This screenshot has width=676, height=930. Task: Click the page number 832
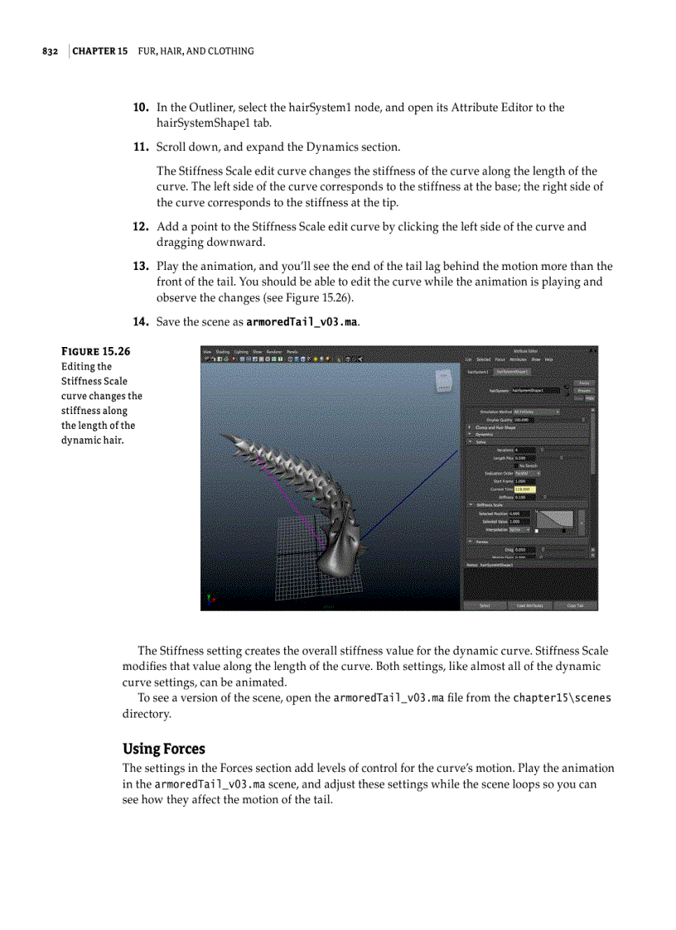50,51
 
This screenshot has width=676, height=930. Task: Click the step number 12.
141,227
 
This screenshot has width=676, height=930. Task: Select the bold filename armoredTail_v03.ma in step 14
302,321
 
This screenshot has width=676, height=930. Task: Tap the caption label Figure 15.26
95,351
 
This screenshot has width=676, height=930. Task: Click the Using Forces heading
164,749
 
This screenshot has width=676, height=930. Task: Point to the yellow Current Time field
524,489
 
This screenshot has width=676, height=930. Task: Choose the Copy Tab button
575,605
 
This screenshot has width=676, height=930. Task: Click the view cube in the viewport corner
442,382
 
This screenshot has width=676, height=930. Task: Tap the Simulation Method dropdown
536,412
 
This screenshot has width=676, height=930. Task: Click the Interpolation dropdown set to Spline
519,530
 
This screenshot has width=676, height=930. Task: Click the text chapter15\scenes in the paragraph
562,698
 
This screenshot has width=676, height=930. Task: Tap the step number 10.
141,108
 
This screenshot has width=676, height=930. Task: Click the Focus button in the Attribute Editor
583,383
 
